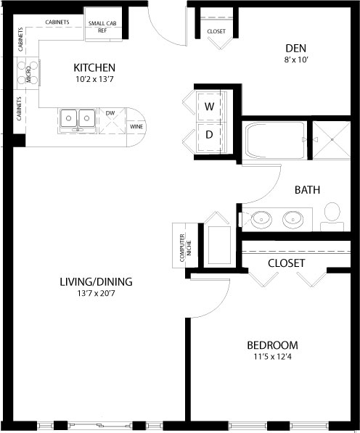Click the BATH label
(308, 190)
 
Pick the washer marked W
(209, 107)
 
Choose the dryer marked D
(209, 134)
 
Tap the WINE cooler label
(136, 127)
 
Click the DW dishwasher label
(110, 113)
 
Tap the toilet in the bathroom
(332, 213)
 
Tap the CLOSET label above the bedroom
(286, 263)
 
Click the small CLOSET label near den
(216, 32)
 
